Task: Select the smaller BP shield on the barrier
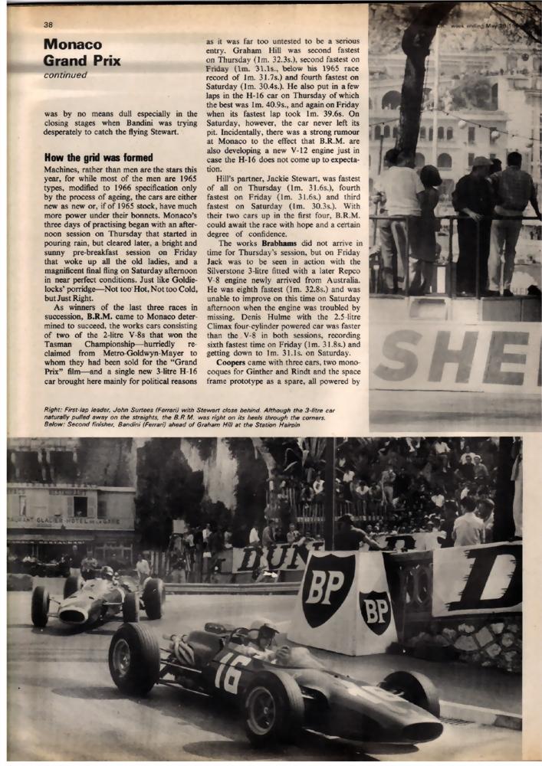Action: click(375, 611)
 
